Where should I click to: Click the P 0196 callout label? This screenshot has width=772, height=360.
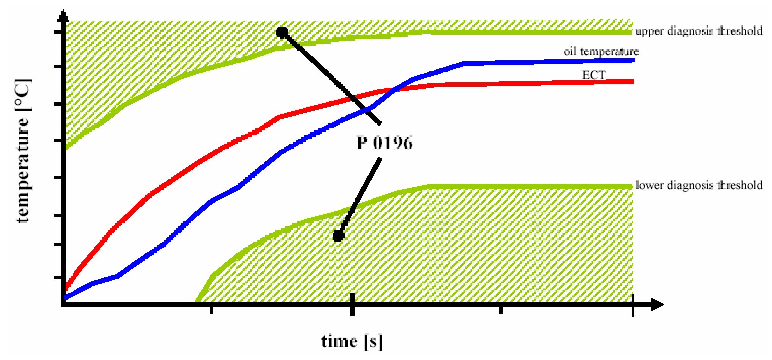pos(384,143)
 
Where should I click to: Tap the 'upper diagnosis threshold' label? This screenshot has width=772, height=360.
pos(699,31)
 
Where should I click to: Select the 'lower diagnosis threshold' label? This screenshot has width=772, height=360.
pos(699,185)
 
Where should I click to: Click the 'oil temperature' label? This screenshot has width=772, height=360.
pos(601,52)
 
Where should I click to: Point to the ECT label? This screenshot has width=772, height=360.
pos(593,75)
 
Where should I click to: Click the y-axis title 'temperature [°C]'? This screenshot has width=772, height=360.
pos(23,150)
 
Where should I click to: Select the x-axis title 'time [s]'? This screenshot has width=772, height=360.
pos(352,341)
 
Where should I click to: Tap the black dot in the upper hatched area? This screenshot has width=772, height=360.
pos(282,32)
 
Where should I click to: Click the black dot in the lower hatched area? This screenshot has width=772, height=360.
pos(338,235)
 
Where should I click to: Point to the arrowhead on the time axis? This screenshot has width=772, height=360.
pos(657,304)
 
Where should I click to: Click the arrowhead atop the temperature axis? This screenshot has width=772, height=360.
pos(63,15)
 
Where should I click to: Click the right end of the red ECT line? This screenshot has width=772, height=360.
pos(633,81)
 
